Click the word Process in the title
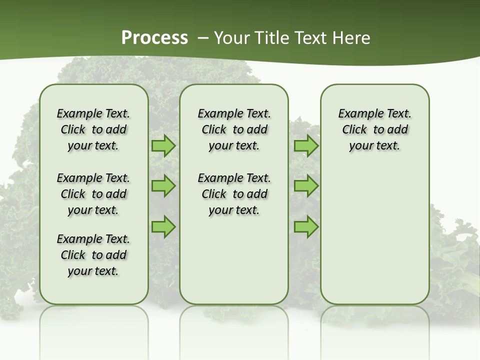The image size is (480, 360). [x=154, y=37]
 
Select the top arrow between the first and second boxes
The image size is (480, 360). [x=163, y=146]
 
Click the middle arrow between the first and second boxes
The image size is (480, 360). [x=163, y=186]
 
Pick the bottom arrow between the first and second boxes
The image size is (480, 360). [x=163, y=226]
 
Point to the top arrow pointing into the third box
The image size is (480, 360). [x=306, y=146]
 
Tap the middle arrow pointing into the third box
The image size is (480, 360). [x=306, y=186]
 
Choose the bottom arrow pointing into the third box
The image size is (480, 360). [x=306, y=226]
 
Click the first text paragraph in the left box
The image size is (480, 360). [x=93, y=129]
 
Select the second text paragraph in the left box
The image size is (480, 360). [x=93, y=194]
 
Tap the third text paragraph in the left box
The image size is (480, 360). [x=93, y=255]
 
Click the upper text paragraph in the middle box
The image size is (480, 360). [x=234, y=129]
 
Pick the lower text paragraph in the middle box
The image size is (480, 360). [x=234, y=194]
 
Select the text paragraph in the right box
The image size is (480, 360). [x=374, y=129]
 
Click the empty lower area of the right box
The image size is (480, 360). [x=374, y=235]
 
